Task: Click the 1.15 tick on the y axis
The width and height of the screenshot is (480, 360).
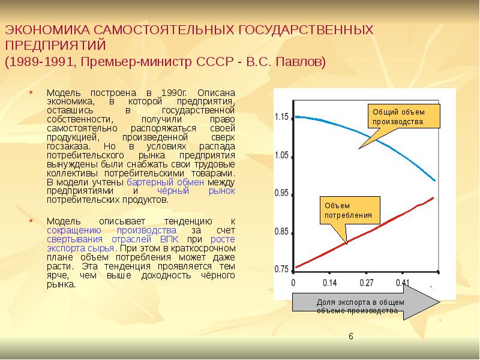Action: click(281, 116)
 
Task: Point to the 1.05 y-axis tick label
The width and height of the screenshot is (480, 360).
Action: click(281, 155)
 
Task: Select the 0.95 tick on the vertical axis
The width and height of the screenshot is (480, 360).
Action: click(281, 193)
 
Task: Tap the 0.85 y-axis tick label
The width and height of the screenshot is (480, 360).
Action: click(281, 232)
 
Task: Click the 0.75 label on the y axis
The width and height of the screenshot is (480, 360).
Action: click(281, 269)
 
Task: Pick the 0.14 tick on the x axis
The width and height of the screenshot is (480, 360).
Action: click(329, 282)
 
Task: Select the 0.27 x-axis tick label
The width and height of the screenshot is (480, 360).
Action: click(366, 282)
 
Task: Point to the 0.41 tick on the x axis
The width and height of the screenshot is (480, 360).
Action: click(403, 282)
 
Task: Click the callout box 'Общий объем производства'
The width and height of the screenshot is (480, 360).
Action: click(403, 116)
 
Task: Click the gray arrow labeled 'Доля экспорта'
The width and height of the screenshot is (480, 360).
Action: click(366, 307)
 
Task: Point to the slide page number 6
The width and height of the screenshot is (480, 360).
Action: click(351, 337)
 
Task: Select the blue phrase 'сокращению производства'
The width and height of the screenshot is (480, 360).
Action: click(111, 230)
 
